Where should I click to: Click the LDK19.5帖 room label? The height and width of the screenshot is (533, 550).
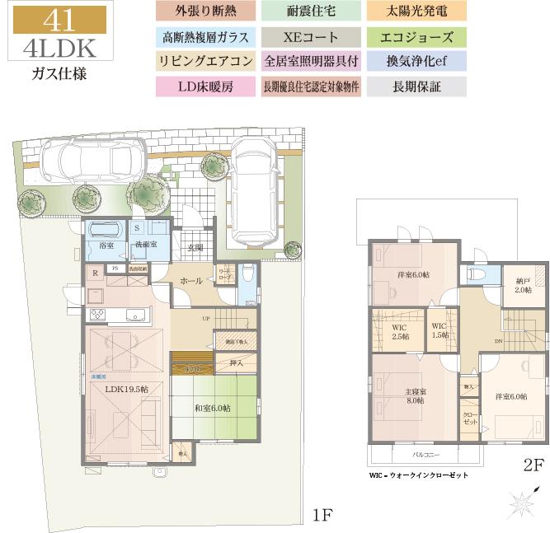(x=125, y=388)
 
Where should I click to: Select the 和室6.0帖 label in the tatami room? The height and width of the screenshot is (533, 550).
(x=213, y=408)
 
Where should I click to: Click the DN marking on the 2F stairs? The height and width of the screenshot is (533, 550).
(x=498, y=341)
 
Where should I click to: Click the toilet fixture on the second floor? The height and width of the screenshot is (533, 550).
(x=477, y=275)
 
